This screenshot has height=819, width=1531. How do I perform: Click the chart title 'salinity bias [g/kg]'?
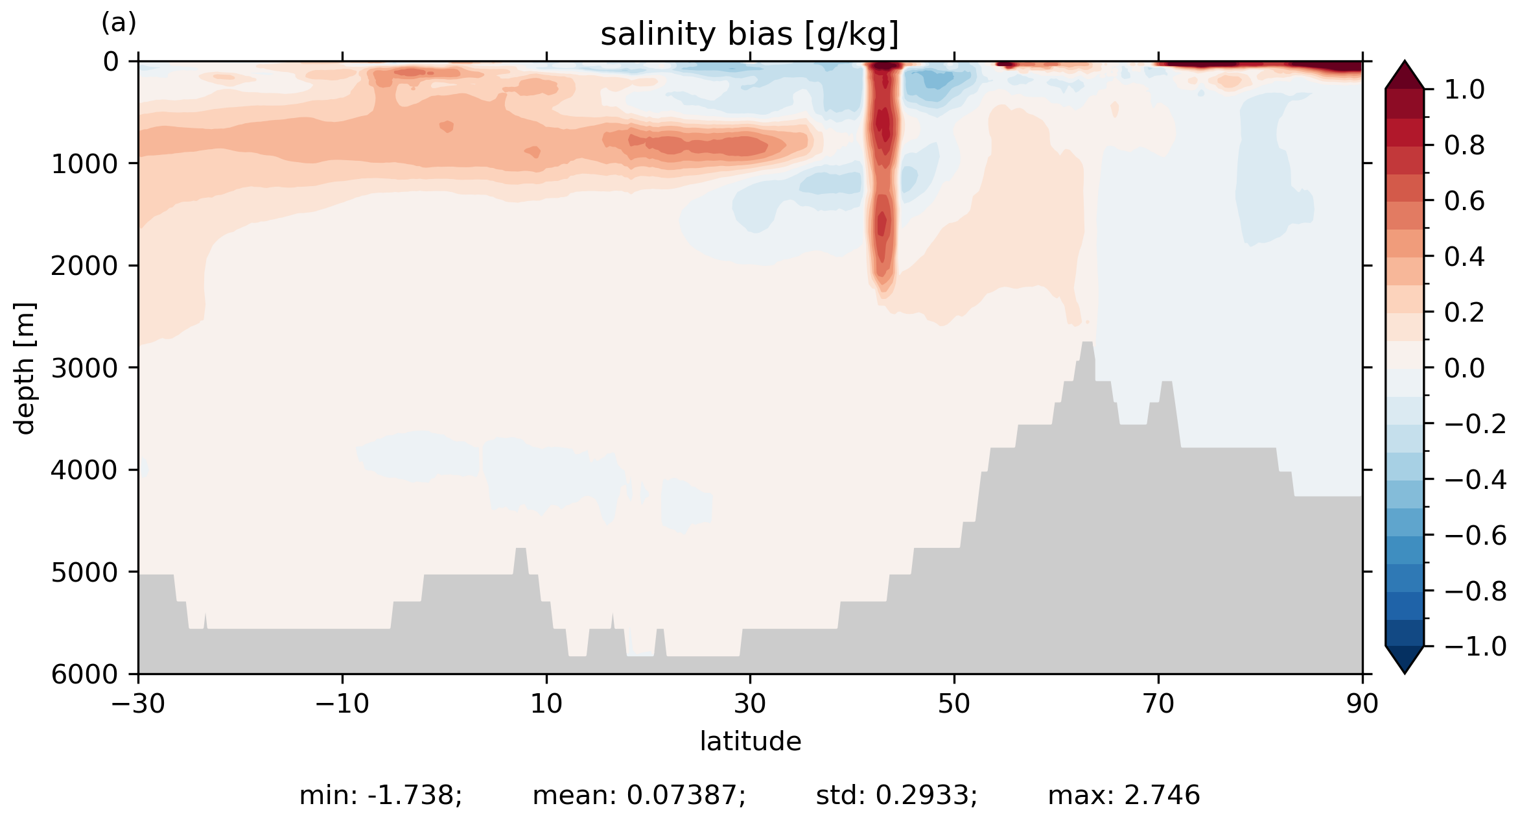click(749, 35)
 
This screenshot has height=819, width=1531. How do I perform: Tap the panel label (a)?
click(119, 23)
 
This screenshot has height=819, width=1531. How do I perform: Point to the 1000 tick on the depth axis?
click(84, 164)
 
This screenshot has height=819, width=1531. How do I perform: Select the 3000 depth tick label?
click(84, 368)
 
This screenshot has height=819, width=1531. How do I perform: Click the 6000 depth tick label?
click(84, 674)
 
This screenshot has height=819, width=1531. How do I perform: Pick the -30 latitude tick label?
click(138, 704)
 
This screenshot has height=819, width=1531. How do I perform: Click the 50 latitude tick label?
click(954, 704)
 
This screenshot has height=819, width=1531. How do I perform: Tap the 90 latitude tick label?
click(1362, 704)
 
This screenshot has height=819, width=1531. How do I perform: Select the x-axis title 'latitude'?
click(750, 741)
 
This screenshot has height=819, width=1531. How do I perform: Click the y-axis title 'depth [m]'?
click(25, 368)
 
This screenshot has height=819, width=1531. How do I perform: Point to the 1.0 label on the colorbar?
click(1464, 90)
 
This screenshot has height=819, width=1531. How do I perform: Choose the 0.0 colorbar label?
click(1464, 368)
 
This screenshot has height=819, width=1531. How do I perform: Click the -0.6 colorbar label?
click(1475, 536)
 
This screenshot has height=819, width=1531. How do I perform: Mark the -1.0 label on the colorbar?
click(1475, 647)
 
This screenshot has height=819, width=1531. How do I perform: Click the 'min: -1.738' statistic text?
click(380, 795)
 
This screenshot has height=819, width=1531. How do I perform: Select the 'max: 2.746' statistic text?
click(1124, 795)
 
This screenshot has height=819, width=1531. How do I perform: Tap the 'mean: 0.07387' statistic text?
click(639, 795)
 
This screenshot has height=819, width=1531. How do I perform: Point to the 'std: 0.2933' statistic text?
click(896, 795)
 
